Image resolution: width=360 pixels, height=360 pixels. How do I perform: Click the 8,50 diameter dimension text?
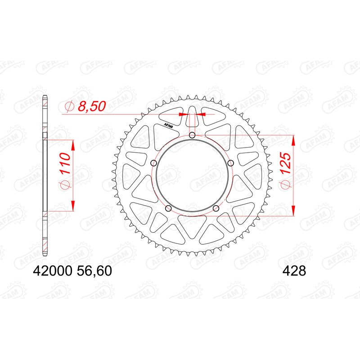tap(91, 106)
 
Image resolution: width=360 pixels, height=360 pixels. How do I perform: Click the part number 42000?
tap(50, 271)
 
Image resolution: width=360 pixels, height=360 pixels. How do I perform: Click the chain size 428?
tap(294, 271)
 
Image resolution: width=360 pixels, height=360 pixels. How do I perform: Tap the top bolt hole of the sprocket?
tap(192, 135)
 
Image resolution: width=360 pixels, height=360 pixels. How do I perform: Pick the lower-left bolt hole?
tap(168, 208)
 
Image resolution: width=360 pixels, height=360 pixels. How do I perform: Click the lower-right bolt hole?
tap(216, 208)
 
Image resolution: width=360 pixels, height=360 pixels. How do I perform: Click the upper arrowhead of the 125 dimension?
tap(293, 140)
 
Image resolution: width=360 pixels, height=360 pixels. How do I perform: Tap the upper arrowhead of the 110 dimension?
tap(72, 145)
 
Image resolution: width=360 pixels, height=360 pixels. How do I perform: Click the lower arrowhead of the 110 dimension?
tap(72, 206)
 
